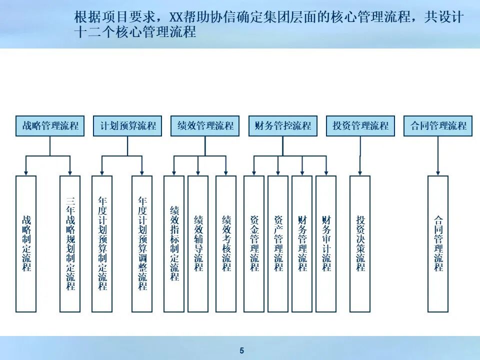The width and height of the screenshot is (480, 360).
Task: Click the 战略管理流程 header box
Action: coord(50,126)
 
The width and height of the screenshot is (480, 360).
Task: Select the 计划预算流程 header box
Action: coord(127,126)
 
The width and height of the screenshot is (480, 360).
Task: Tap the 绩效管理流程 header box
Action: coord(205,126)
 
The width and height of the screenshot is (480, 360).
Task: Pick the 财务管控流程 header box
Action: coord(282,126)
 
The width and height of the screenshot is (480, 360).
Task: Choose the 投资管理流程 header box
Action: coord(360,126)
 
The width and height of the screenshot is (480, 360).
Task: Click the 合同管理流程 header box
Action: coord(438,126)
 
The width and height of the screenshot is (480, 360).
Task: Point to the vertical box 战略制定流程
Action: coord(26,243)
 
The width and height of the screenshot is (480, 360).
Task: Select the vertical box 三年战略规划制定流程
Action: coord(70,243)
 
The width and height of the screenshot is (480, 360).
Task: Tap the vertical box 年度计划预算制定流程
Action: coord(102,243)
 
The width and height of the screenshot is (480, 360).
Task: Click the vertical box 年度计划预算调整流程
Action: coord(142,243)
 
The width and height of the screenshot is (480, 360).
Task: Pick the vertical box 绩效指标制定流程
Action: coord(174,243)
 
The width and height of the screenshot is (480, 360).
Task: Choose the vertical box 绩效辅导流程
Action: coord(198,243)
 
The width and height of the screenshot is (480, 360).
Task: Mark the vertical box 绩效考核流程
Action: coord(226,243)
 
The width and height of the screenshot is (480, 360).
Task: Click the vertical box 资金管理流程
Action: coord(254,243)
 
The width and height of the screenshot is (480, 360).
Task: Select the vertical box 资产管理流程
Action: coord(278,243)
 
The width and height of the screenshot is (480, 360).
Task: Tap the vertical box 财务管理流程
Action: coord(302,243)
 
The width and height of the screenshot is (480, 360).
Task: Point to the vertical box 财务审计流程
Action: coord(326,243)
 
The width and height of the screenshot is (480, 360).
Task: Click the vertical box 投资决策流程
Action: coord(360,243)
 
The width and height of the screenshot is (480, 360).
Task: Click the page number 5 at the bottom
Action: coord(241,350)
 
